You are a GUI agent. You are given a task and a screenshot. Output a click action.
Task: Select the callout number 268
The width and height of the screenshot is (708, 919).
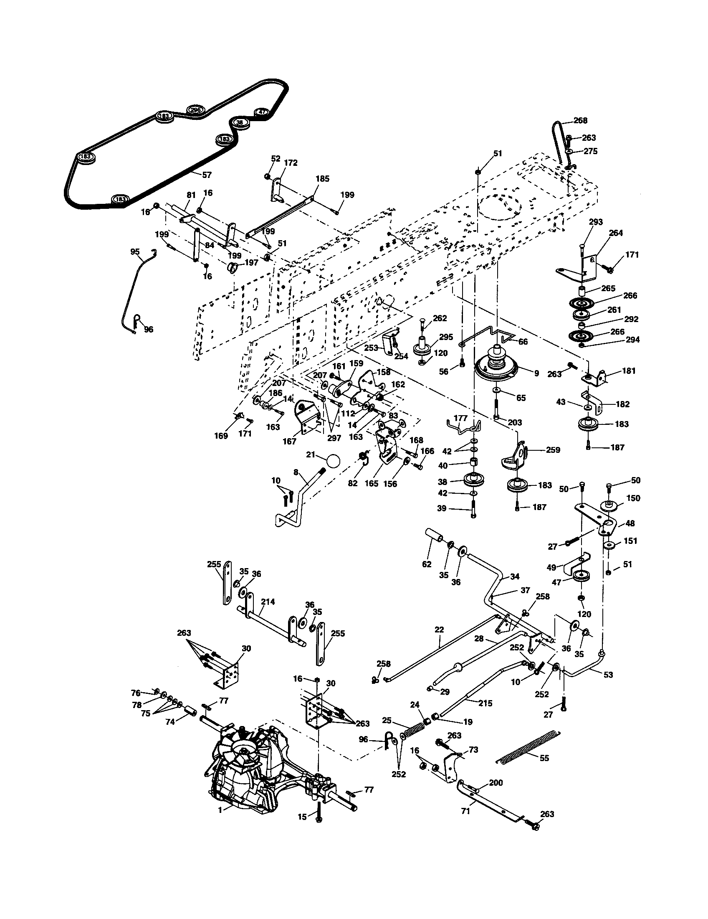[580, 121]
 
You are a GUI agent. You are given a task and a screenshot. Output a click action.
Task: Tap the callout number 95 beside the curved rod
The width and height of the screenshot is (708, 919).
[135, 251]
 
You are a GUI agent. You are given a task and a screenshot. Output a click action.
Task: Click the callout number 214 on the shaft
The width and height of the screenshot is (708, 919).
[268, 602]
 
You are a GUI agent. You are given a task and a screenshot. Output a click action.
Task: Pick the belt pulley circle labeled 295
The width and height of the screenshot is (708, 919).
[195, 110]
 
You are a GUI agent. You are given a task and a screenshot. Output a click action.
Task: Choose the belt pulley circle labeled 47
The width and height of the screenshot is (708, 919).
[261, 112]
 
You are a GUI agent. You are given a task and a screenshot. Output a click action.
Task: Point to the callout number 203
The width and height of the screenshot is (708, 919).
[515, 422]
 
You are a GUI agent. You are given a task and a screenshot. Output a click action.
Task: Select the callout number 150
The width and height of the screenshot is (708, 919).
[633, 498]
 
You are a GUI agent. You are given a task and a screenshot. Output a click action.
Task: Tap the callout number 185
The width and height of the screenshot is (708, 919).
[322, 179]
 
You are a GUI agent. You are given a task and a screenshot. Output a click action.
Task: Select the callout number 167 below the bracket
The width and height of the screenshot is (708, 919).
[289, 442]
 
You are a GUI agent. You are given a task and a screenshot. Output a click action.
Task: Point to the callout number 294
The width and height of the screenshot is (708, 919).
[632, 340]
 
